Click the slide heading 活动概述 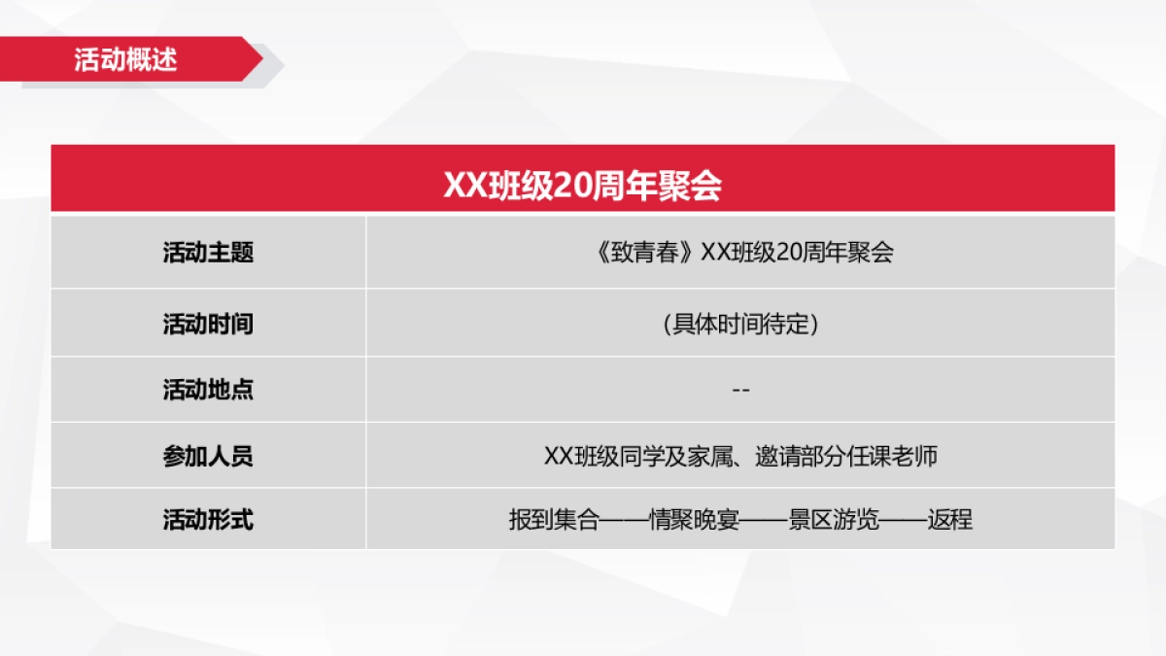125,59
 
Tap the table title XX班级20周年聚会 582,186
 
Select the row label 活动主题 208,253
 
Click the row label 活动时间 208,324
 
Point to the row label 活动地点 208,390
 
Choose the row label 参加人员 208,456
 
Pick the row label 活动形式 208,520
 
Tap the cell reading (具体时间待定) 740,324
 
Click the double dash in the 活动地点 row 740,390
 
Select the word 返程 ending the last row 950,520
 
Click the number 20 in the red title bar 566,186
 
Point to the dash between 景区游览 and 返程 904,520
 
